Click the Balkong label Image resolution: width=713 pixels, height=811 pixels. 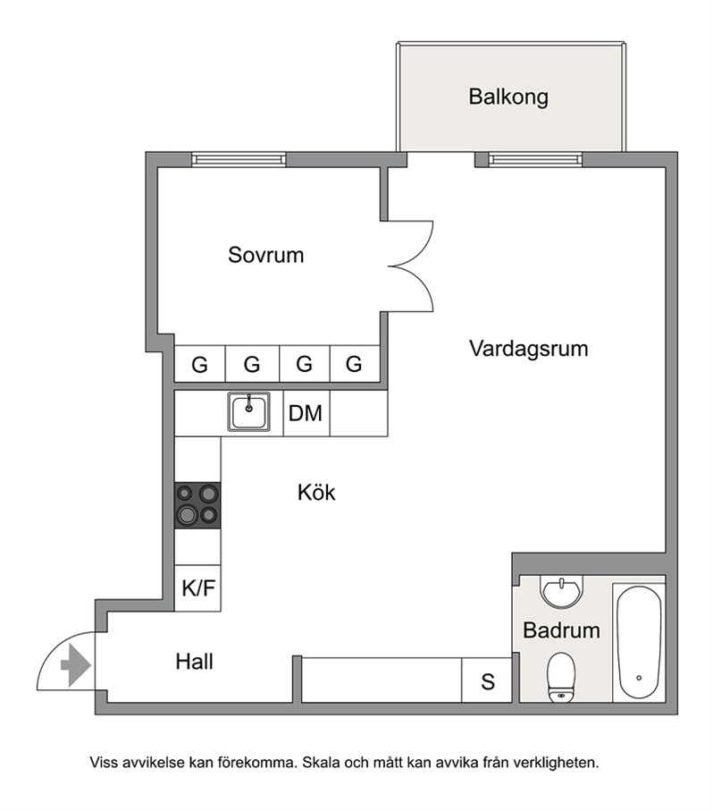click(508, 97)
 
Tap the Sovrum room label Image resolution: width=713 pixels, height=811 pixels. click(265, 255)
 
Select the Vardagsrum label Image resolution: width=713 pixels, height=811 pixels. click(529, 349)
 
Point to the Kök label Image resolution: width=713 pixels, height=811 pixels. click(316, 493)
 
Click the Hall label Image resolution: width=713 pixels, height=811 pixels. click(194, 662)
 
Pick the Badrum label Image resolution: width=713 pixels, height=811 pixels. click(561, 630)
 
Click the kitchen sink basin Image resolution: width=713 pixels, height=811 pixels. click(248, 411)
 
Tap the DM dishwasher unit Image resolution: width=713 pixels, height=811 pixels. click(306, 413)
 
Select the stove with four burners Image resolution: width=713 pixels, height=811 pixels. click(197, 505)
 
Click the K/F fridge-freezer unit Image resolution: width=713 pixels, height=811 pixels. click(197, 588)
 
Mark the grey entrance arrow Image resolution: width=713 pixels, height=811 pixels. click(76, 665)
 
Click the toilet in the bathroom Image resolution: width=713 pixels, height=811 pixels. click(561, 677)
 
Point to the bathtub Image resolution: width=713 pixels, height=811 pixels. click(639, 642)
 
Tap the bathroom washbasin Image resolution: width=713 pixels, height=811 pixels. click(561, 591)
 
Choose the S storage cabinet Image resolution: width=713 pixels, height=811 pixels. click(487, 680)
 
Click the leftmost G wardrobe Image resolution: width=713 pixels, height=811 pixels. click(200, 364)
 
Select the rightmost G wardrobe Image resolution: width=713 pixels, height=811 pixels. click(355, 364)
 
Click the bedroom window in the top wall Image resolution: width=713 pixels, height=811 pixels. click(239, 159)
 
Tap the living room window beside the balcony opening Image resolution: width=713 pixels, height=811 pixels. click(535, 159)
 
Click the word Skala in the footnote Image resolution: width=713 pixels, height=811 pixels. click(321, 763)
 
